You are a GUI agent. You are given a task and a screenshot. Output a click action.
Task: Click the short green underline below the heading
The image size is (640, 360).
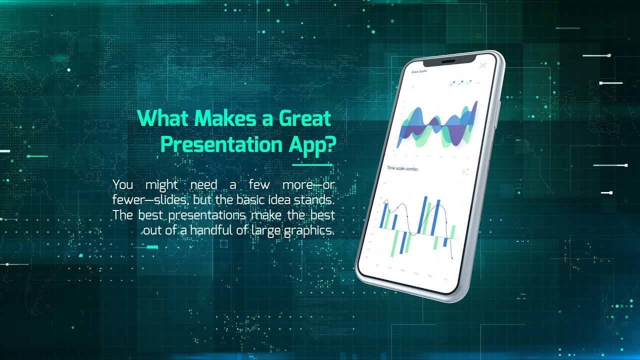point(312,164)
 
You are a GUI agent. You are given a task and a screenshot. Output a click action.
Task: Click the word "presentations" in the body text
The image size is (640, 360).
point(207,215)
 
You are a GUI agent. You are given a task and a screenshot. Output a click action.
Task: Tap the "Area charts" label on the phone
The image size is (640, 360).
point(418,72)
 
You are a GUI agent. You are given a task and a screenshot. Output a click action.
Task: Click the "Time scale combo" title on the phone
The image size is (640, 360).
point(402,168)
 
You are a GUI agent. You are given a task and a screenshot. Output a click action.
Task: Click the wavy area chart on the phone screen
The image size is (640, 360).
point(435,125)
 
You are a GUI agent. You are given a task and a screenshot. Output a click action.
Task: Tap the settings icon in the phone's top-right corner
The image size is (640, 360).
point(482,65)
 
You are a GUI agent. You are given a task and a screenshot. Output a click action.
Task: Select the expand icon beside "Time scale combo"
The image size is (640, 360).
point(465,171)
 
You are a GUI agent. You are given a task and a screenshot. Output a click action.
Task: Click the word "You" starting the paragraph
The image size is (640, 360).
point(123,184)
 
